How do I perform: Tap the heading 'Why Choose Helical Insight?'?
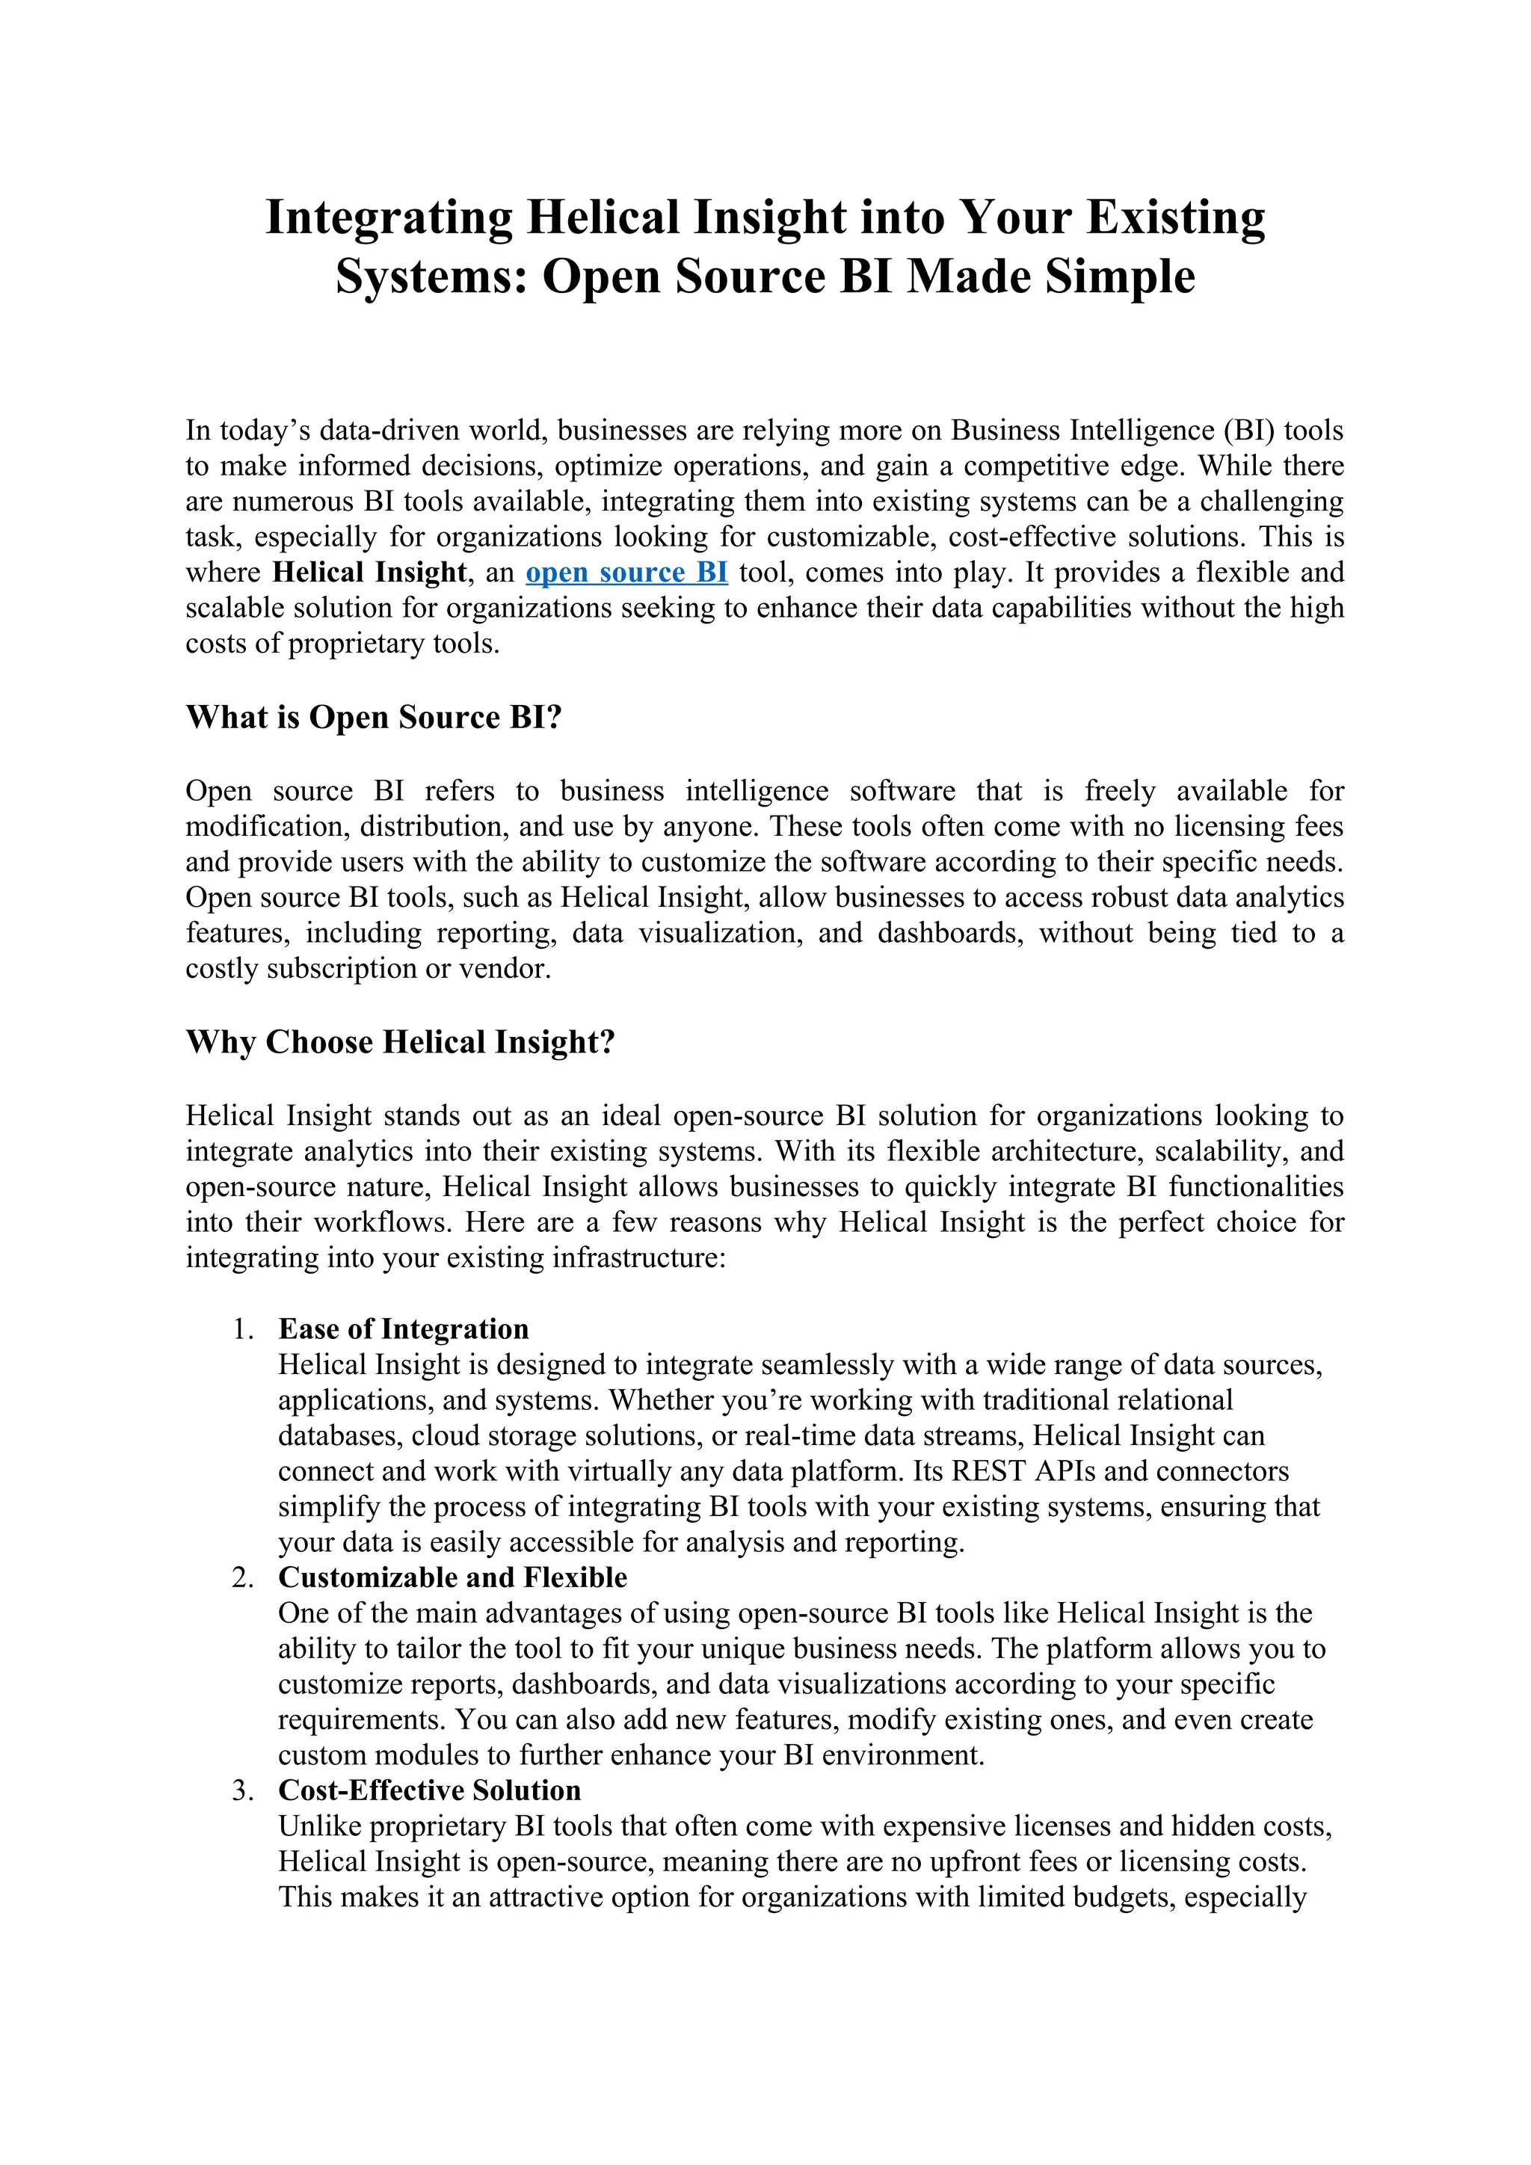click(400, 1042)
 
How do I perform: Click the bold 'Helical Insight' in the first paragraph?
click(369, 573)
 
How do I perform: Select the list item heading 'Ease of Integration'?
click(404, 1329)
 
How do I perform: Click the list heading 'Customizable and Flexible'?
click(452, 1577)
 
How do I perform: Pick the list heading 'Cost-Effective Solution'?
click(429, 1790)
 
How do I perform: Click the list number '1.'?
click(243, 1329)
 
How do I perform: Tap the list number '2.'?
click(243, 1577)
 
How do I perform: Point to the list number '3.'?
click(243, 1790)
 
